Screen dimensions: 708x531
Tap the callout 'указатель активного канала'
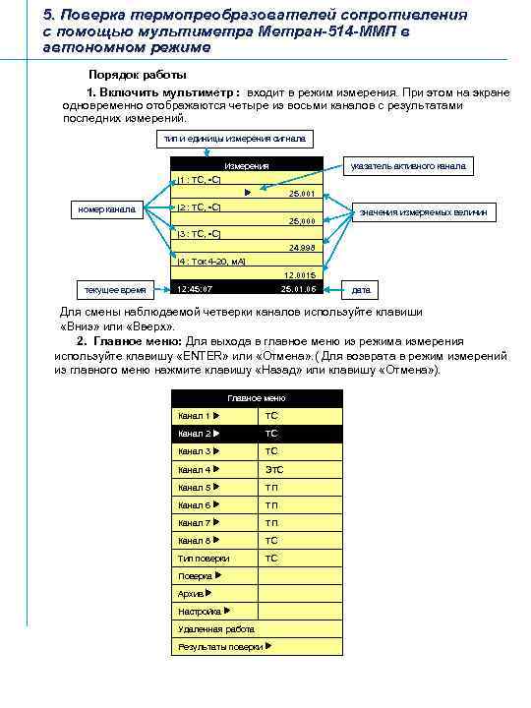[x=409, y=166]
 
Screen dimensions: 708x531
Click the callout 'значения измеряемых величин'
[x=428, y=212]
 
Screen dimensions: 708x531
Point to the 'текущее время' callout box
[x=112, y=290]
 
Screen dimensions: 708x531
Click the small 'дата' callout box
[x=360, y=290]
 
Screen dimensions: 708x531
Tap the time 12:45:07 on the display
[x=195, y=289]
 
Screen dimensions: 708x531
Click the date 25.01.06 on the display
[x=297, y=289]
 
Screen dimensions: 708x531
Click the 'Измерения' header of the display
[x=247, y=166]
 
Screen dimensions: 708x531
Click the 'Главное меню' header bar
[x=257, y=398]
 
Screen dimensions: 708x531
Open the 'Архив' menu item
[x=194, y=593]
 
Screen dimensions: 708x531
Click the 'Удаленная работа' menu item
[x=216, y=628]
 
